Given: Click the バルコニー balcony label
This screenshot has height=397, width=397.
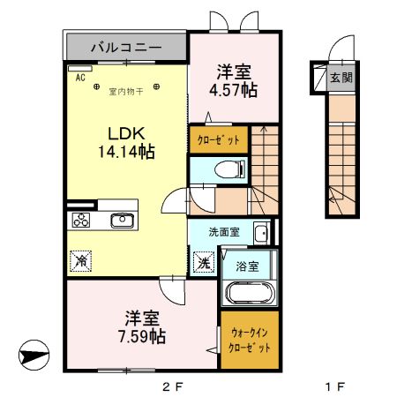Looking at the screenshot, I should tap(124, 45).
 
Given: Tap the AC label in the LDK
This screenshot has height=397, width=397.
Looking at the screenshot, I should tap(80, 78).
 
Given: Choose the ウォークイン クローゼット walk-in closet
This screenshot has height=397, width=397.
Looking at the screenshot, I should tap(250, 340).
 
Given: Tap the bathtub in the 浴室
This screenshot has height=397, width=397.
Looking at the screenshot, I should tap(249, 295).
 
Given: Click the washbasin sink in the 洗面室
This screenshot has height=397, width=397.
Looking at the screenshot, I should tap(261, 233).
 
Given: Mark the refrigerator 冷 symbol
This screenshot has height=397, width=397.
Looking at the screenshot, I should tap(80, 261).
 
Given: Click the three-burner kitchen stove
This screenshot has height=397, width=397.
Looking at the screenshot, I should tap(81, 221).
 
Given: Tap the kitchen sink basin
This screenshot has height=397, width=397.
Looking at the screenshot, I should tap(121, 220).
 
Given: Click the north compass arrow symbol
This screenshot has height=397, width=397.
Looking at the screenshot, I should tap(33, 357).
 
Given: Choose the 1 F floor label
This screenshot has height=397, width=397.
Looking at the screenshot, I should tap(333, 386).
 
